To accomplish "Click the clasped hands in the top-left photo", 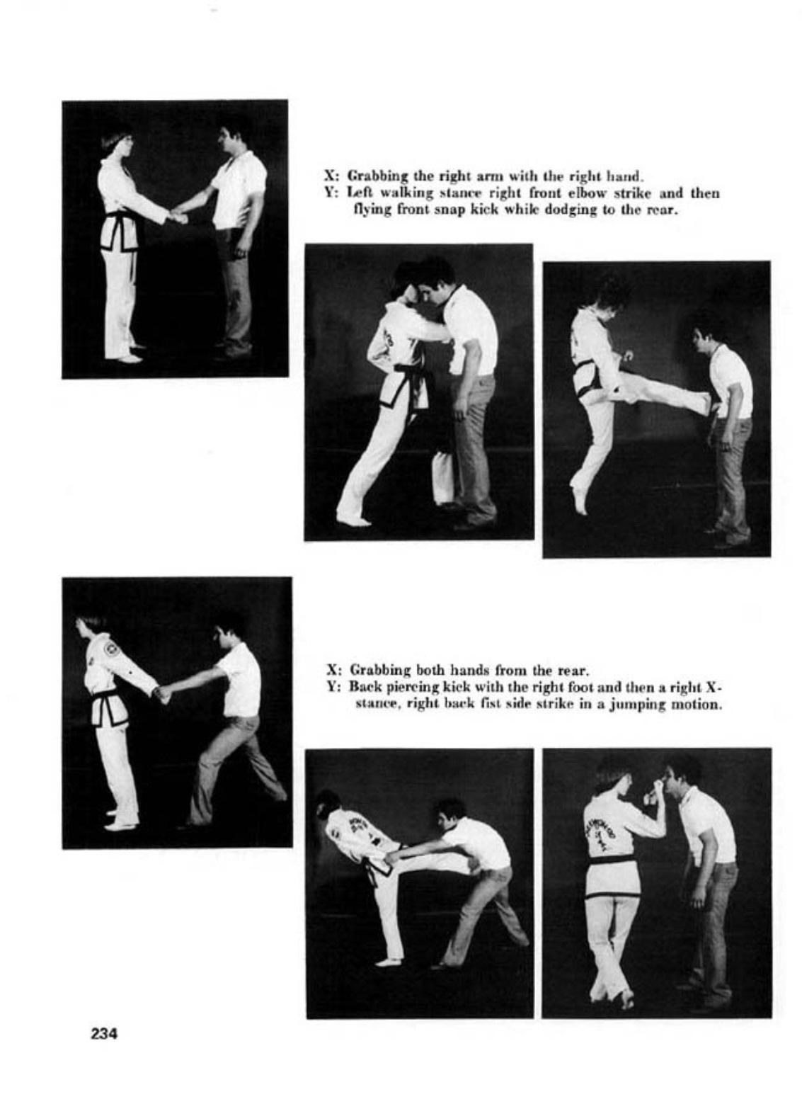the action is point(178,216).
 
